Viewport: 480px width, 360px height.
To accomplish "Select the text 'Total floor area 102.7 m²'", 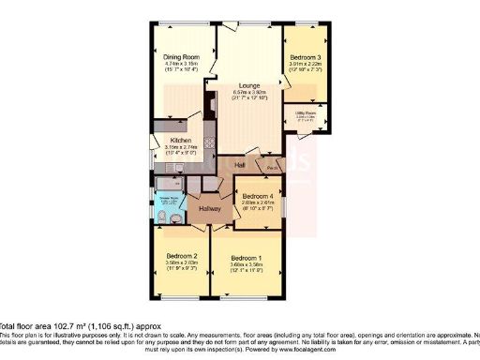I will point(47,325).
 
